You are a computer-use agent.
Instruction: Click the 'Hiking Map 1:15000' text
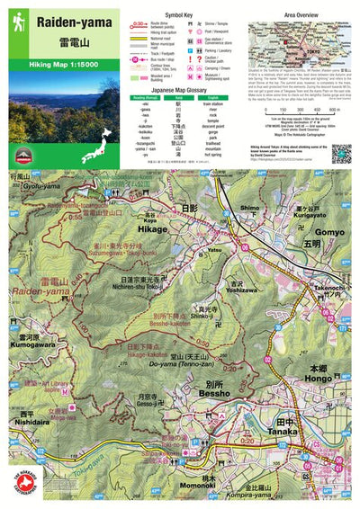pos(64,66)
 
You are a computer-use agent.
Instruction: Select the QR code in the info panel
pos(341,153)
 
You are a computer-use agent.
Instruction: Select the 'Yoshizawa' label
pos(240,290)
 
